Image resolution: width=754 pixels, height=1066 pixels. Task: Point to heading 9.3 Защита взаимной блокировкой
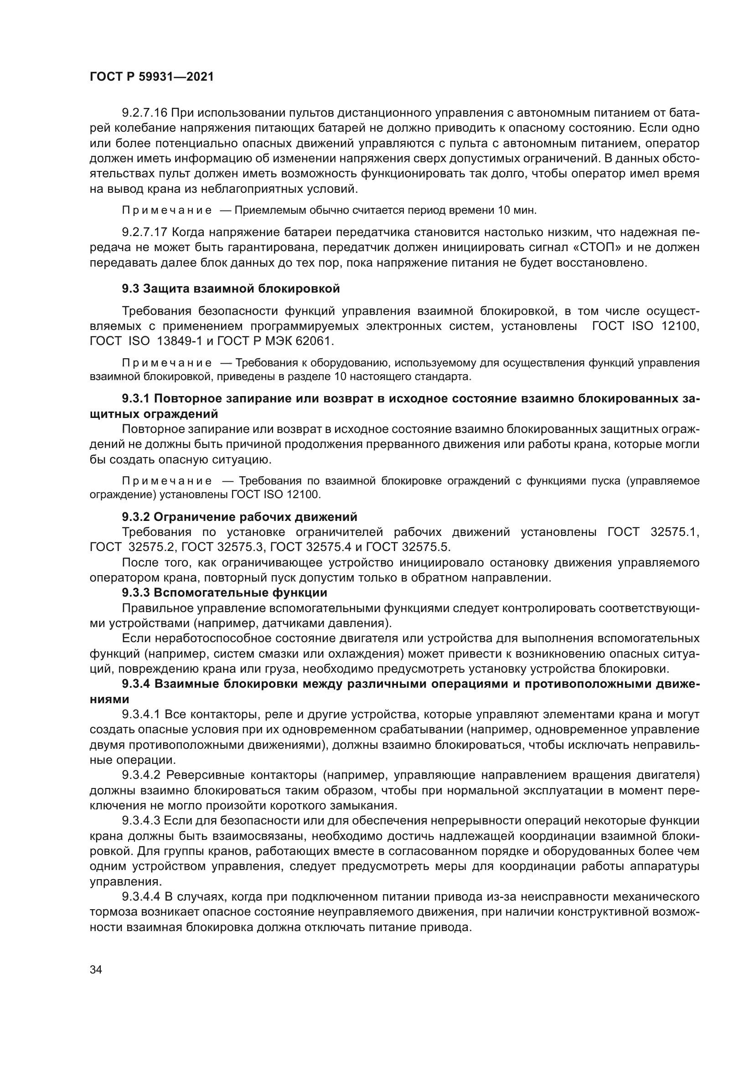231,289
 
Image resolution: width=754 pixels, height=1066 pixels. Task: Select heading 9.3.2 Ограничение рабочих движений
240,517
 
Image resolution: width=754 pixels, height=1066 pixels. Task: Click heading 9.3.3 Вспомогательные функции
224,592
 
